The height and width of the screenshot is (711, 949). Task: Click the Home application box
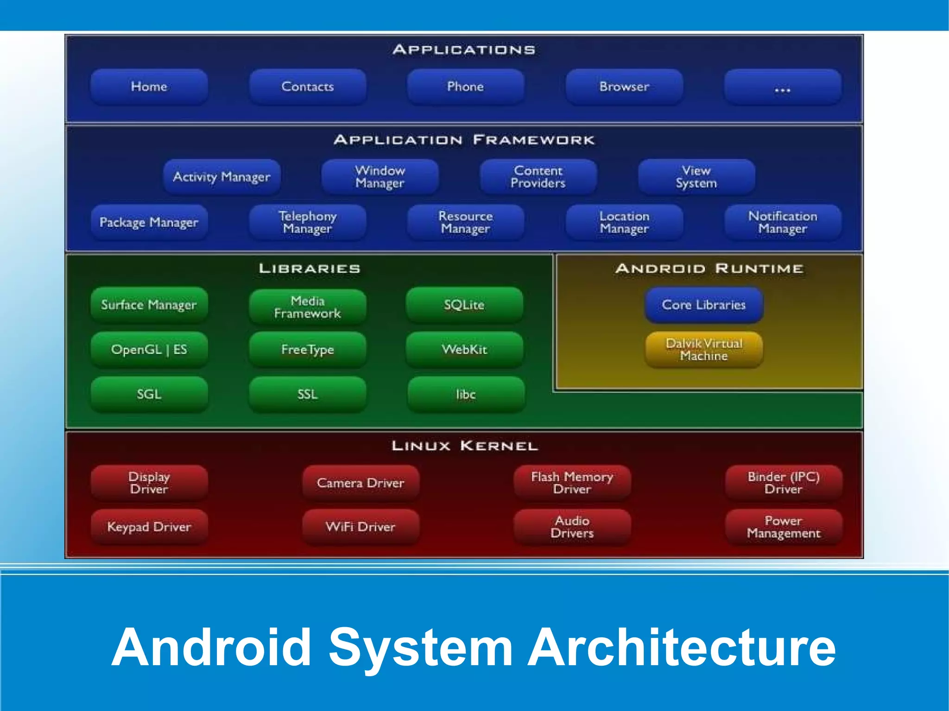point(149,87)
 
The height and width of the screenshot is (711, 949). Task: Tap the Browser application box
point(624,87)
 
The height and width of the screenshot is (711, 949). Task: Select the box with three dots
point(782,87)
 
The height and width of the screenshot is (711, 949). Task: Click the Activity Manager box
point(221,176)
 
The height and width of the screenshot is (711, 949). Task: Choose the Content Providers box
point(538,176)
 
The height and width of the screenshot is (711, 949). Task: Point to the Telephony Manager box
point(307,222)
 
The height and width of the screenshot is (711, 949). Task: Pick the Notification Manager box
point(782,222)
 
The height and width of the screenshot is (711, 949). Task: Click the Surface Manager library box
point(149,304)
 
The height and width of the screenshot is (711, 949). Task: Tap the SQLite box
point(464,304)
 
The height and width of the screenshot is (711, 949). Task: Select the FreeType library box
point(307,349)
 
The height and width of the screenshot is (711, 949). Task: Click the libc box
point(466,394)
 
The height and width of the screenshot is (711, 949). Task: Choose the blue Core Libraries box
point(703,304)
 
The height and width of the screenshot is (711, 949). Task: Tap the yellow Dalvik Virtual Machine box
point(703,349)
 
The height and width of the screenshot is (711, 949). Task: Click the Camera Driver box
point(361,483)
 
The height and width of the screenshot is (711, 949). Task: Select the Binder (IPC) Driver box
point(783,483)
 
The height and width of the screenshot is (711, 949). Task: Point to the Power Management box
point(783,527)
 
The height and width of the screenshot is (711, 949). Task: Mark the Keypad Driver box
point(149,527)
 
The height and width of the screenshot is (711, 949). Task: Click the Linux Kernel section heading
point(464,446)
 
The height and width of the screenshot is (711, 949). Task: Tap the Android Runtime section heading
point(709,268)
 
